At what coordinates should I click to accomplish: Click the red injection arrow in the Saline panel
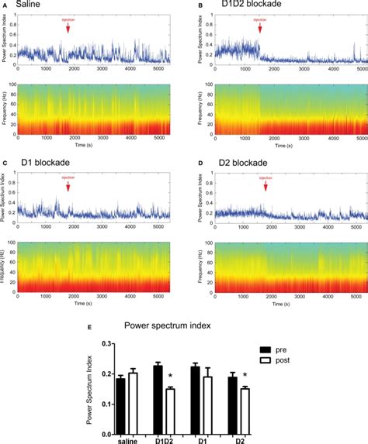68,28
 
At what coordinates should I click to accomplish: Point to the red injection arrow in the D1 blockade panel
68,186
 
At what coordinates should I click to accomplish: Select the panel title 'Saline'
29,6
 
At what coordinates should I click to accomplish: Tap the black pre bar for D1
195,398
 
